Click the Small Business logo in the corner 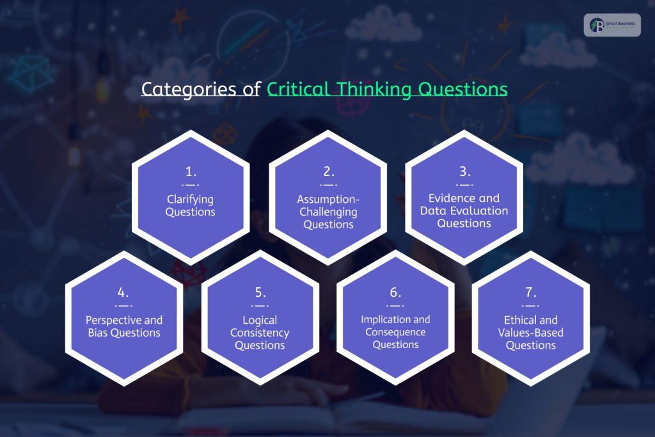pos(612,25)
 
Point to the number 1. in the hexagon pos(190,172)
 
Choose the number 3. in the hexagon pos(464,171)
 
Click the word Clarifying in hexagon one pos(190,199)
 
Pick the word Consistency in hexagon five pos(260,333)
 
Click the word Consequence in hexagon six pos(395,332)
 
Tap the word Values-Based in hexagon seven pos(531,333)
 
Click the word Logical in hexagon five pos(260,320)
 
